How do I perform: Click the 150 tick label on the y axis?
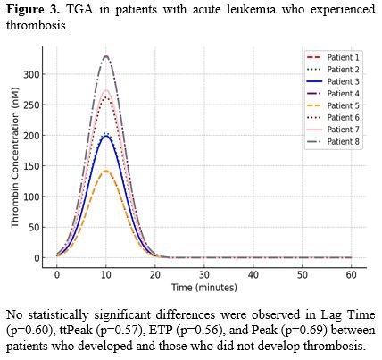33,166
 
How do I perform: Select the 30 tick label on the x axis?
204,276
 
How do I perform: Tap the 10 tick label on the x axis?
106,276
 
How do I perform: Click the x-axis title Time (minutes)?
204,289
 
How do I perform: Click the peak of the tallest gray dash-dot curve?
106,56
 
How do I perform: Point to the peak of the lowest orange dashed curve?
106,171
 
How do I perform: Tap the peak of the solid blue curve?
106,137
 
